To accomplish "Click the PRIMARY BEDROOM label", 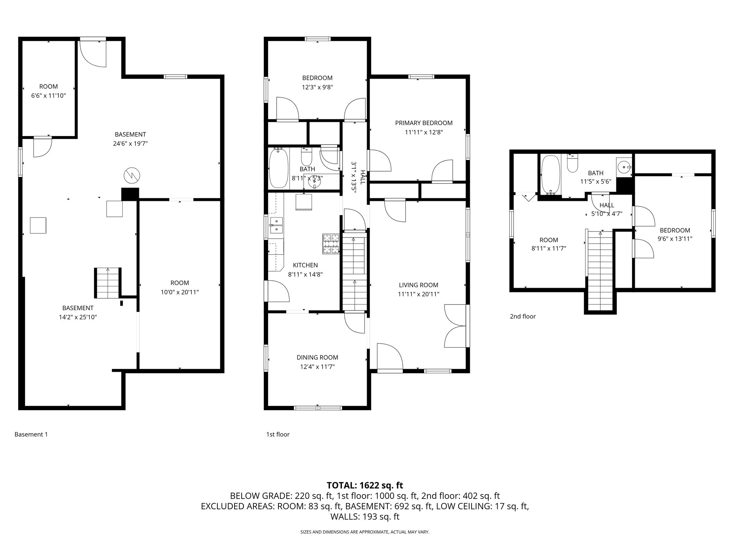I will pos(423,123).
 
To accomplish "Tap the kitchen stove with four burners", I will pos(331,244).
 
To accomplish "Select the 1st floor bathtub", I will pos(278,168).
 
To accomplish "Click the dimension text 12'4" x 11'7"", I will pos(317,366).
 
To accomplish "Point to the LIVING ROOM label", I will pos(418,285).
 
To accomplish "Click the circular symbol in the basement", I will pos(132,175).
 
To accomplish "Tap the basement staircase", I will pos(108,283).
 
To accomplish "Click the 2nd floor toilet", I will pos(572,164).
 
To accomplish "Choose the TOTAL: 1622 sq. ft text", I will pos(365,485).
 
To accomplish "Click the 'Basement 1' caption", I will pos(31,434).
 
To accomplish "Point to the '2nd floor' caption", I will pos(523,316).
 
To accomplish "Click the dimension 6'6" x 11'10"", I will pos(48,95).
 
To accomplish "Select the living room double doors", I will pos(455,325).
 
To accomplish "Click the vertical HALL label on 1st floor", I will pos(363,177).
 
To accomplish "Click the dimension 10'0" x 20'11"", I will pos(180,292).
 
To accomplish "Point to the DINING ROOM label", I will pos(317,357).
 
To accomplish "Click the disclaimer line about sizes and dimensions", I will pos(365,532).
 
